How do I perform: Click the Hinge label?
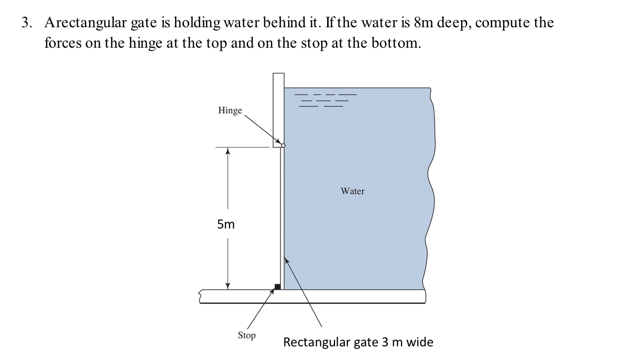click(x=230, y=111)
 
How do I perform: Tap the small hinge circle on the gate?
click(x=283, y=145)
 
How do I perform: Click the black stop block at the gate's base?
click(x=278, y=286)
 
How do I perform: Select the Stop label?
click(x=246, y=335)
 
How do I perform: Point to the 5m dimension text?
click(x=226, y=225)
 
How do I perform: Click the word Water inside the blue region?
click(x=352, y=191)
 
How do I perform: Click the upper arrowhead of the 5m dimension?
click(x=227, y=151)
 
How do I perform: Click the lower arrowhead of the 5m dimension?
click(x=227, y=285)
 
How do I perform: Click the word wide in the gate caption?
click(x=420, y=342)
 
